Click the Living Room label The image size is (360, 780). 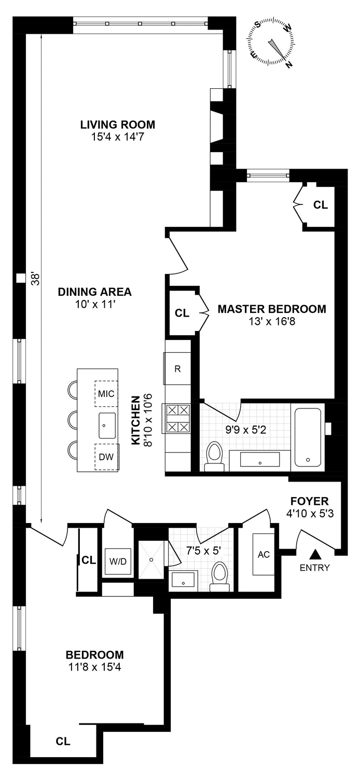point(117,125)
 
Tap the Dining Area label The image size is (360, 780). point(95,292)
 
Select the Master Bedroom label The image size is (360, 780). point(272,309)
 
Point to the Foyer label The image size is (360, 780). point(310,501)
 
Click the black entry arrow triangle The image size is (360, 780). point(315,555)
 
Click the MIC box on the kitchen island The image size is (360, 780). point(106,393)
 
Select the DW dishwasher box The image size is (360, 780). point(106,457)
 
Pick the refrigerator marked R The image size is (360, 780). point(177,370)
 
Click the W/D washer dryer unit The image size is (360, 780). point(117,560)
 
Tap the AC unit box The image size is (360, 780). point(264,554)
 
